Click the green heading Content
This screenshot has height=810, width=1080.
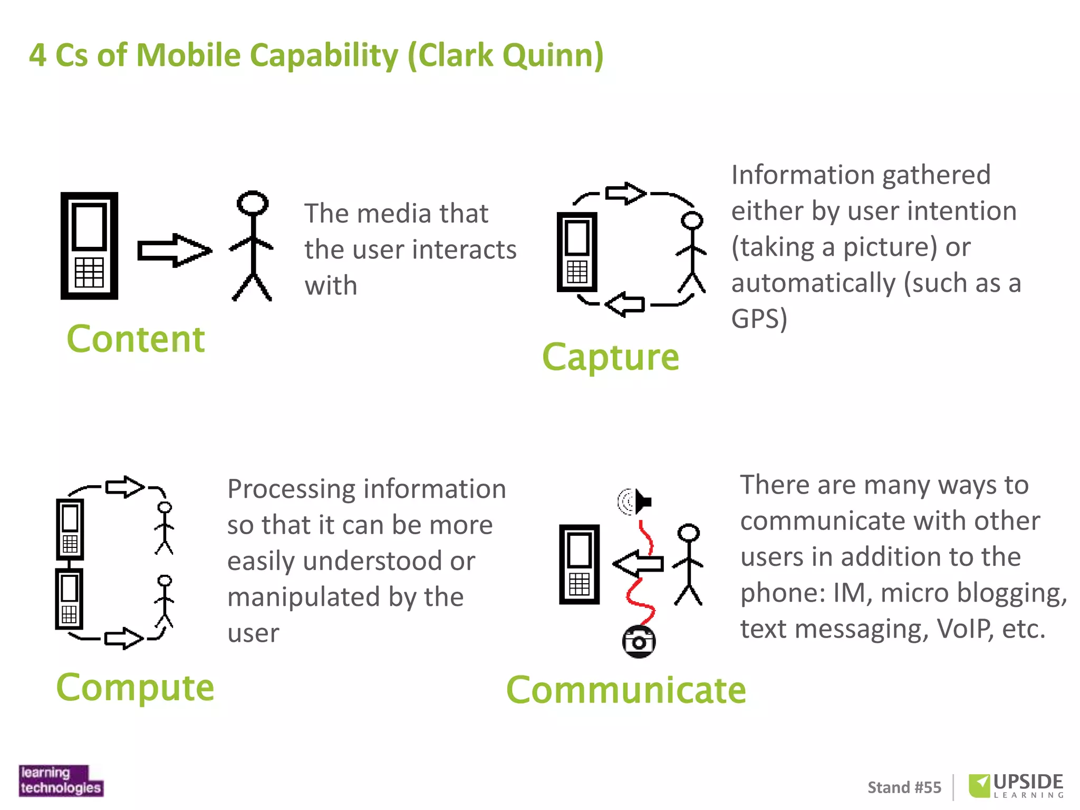click(136, 339)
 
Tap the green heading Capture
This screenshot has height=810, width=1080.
click(611, 357)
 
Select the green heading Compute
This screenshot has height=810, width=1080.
click(135, 687)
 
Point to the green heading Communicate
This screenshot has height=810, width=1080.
click(626, 690)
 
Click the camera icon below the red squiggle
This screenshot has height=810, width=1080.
click(639, 642)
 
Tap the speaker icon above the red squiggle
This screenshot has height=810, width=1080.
click(635, 501)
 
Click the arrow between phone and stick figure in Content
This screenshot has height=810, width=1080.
click(174, 250)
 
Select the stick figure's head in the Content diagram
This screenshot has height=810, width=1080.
click(253, 203)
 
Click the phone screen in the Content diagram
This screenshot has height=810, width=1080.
click(89, 226)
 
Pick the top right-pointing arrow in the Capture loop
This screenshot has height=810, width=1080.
click(625, 193)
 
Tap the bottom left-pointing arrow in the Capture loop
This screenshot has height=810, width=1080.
click(625, 304)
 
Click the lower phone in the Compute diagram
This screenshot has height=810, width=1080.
click(69, 599)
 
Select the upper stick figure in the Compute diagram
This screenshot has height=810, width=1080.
click(165, 527)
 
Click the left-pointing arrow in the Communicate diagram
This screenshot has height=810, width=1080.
click(638, 564)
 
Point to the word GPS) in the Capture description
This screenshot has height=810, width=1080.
click(759, 319)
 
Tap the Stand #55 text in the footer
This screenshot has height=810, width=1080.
click(904, 787)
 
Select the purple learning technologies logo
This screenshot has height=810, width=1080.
click(61, 780)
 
